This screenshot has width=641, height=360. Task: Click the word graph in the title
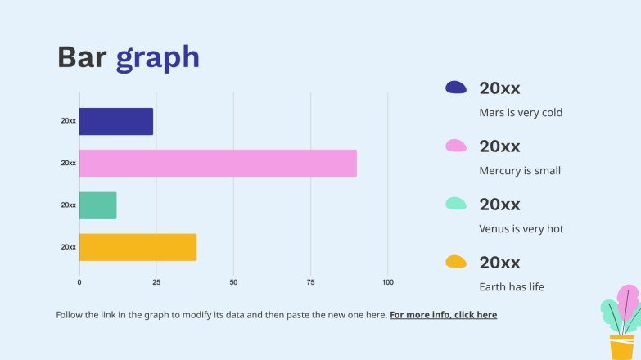pyautogui.click(x=157, y=58)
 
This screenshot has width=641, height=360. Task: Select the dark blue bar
pyautogui.click(x=115, y=121)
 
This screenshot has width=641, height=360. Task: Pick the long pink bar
pyautogui.click(x=218, y=163)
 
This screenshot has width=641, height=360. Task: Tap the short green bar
pyautogui.click(x=97, y=205)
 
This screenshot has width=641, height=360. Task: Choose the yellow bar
pyautogui.click(x=138, y=247)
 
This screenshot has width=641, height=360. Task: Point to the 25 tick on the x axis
pyautogui.click(x=156, y=282)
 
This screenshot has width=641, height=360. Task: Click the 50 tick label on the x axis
pyautogui.click(x=233, y=282)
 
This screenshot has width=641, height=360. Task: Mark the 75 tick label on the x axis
pyautogui.click(x=310, y=282)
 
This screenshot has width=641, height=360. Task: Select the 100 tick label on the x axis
pyautogui.click(x=388, y=282)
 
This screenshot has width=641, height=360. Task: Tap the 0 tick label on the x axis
pyautogui.click(x=79, y=282)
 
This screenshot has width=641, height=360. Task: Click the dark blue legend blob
pyautogui.click(x=456, y=87)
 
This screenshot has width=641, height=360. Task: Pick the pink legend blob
pyautogui.click(x=456, y=146)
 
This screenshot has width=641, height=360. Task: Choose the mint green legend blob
pyautogui.click(x=456, y=204)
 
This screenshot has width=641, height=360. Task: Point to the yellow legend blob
pyautogui.click(x=456, y=262)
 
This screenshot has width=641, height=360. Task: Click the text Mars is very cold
pyautogui.click(x=521, y=113)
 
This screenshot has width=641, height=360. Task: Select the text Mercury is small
pyautogui.click(x=520, y=171)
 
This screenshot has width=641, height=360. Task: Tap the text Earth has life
pyautogui.click(x=512, y=287)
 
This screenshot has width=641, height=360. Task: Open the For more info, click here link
pyautogui.click(x=443, y=314)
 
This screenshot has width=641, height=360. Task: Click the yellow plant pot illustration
pyautogui.click(x=622, y=345)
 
